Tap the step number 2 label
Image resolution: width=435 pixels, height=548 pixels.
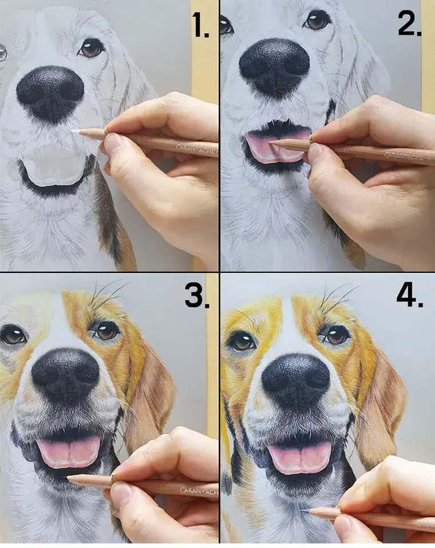[x=410, y=23]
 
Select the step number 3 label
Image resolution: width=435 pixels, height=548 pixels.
[x=197, y=297]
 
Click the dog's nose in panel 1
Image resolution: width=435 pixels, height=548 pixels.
[x=50, y=93]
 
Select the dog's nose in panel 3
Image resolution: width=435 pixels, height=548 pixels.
[x=65, y=376]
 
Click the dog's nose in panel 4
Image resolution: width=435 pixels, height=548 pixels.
[x=295, y=380]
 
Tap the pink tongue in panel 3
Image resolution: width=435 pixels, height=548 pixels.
[x=69, y=451]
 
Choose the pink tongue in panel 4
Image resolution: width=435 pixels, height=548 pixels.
[x=299, y=456]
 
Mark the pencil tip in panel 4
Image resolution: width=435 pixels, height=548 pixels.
[x=305, y=511]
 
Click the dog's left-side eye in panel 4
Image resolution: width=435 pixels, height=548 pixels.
[x=242, y=340]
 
